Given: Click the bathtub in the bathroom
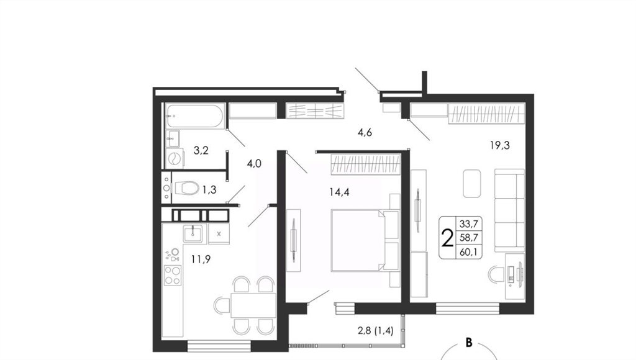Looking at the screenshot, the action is click(194, 116).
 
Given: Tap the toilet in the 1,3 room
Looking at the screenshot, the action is click(186, 188).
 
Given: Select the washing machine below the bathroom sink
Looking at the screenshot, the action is click(175, 158).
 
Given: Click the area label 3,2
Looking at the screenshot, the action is click(201, 151).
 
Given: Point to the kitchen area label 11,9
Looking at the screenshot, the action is click(201, 259).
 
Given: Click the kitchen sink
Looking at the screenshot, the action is click(194, 233).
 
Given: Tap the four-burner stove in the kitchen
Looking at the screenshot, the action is click(173, 275).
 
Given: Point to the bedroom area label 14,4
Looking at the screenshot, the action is click(339, 192).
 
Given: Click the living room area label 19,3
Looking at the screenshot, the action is click(499, 145).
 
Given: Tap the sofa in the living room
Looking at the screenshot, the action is click(509, 210).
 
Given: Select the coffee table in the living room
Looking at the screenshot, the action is click(472, 184).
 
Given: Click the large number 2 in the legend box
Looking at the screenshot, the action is click(447, 238).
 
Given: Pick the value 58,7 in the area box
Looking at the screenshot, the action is click(468, 238).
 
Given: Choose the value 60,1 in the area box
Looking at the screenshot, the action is click(468, 252).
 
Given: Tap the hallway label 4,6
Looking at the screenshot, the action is click(365, 133).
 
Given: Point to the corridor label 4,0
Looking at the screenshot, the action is click(254, 164).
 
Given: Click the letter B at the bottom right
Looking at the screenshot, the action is click(469, 343).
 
